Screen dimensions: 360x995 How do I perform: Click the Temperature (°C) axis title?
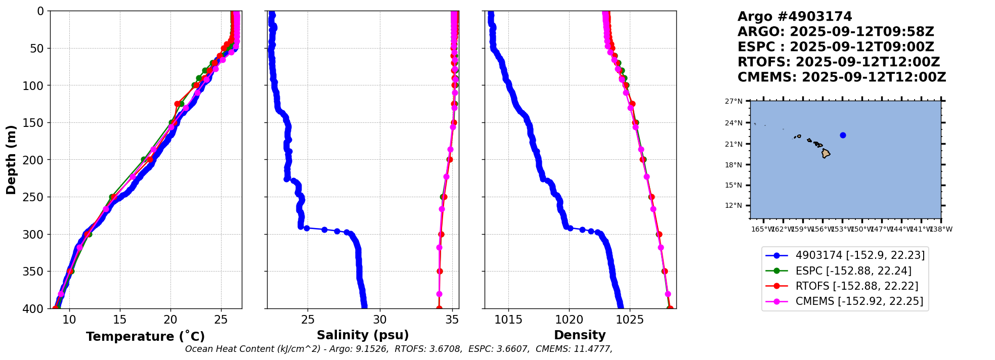coord(145,337)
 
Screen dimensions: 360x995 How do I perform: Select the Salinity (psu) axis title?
coord(363,335)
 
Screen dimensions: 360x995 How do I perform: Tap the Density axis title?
coord(580,335)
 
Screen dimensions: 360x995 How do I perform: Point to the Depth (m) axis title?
coord(11,160)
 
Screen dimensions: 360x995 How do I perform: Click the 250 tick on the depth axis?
coord(36,197)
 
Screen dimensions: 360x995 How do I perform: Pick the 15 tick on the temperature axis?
coord(120,320)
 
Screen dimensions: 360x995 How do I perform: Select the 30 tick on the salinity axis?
coord(380,320)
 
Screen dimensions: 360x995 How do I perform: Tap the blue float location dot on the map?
coord(843,135)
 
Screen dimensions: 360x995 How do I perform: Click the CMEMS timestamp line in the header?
coord(842,77)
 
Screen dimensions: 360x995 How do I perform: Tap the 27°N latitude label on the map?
coord(733,102)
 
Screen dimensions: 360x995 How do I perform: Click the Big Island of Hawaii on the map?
coord(826,153)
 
